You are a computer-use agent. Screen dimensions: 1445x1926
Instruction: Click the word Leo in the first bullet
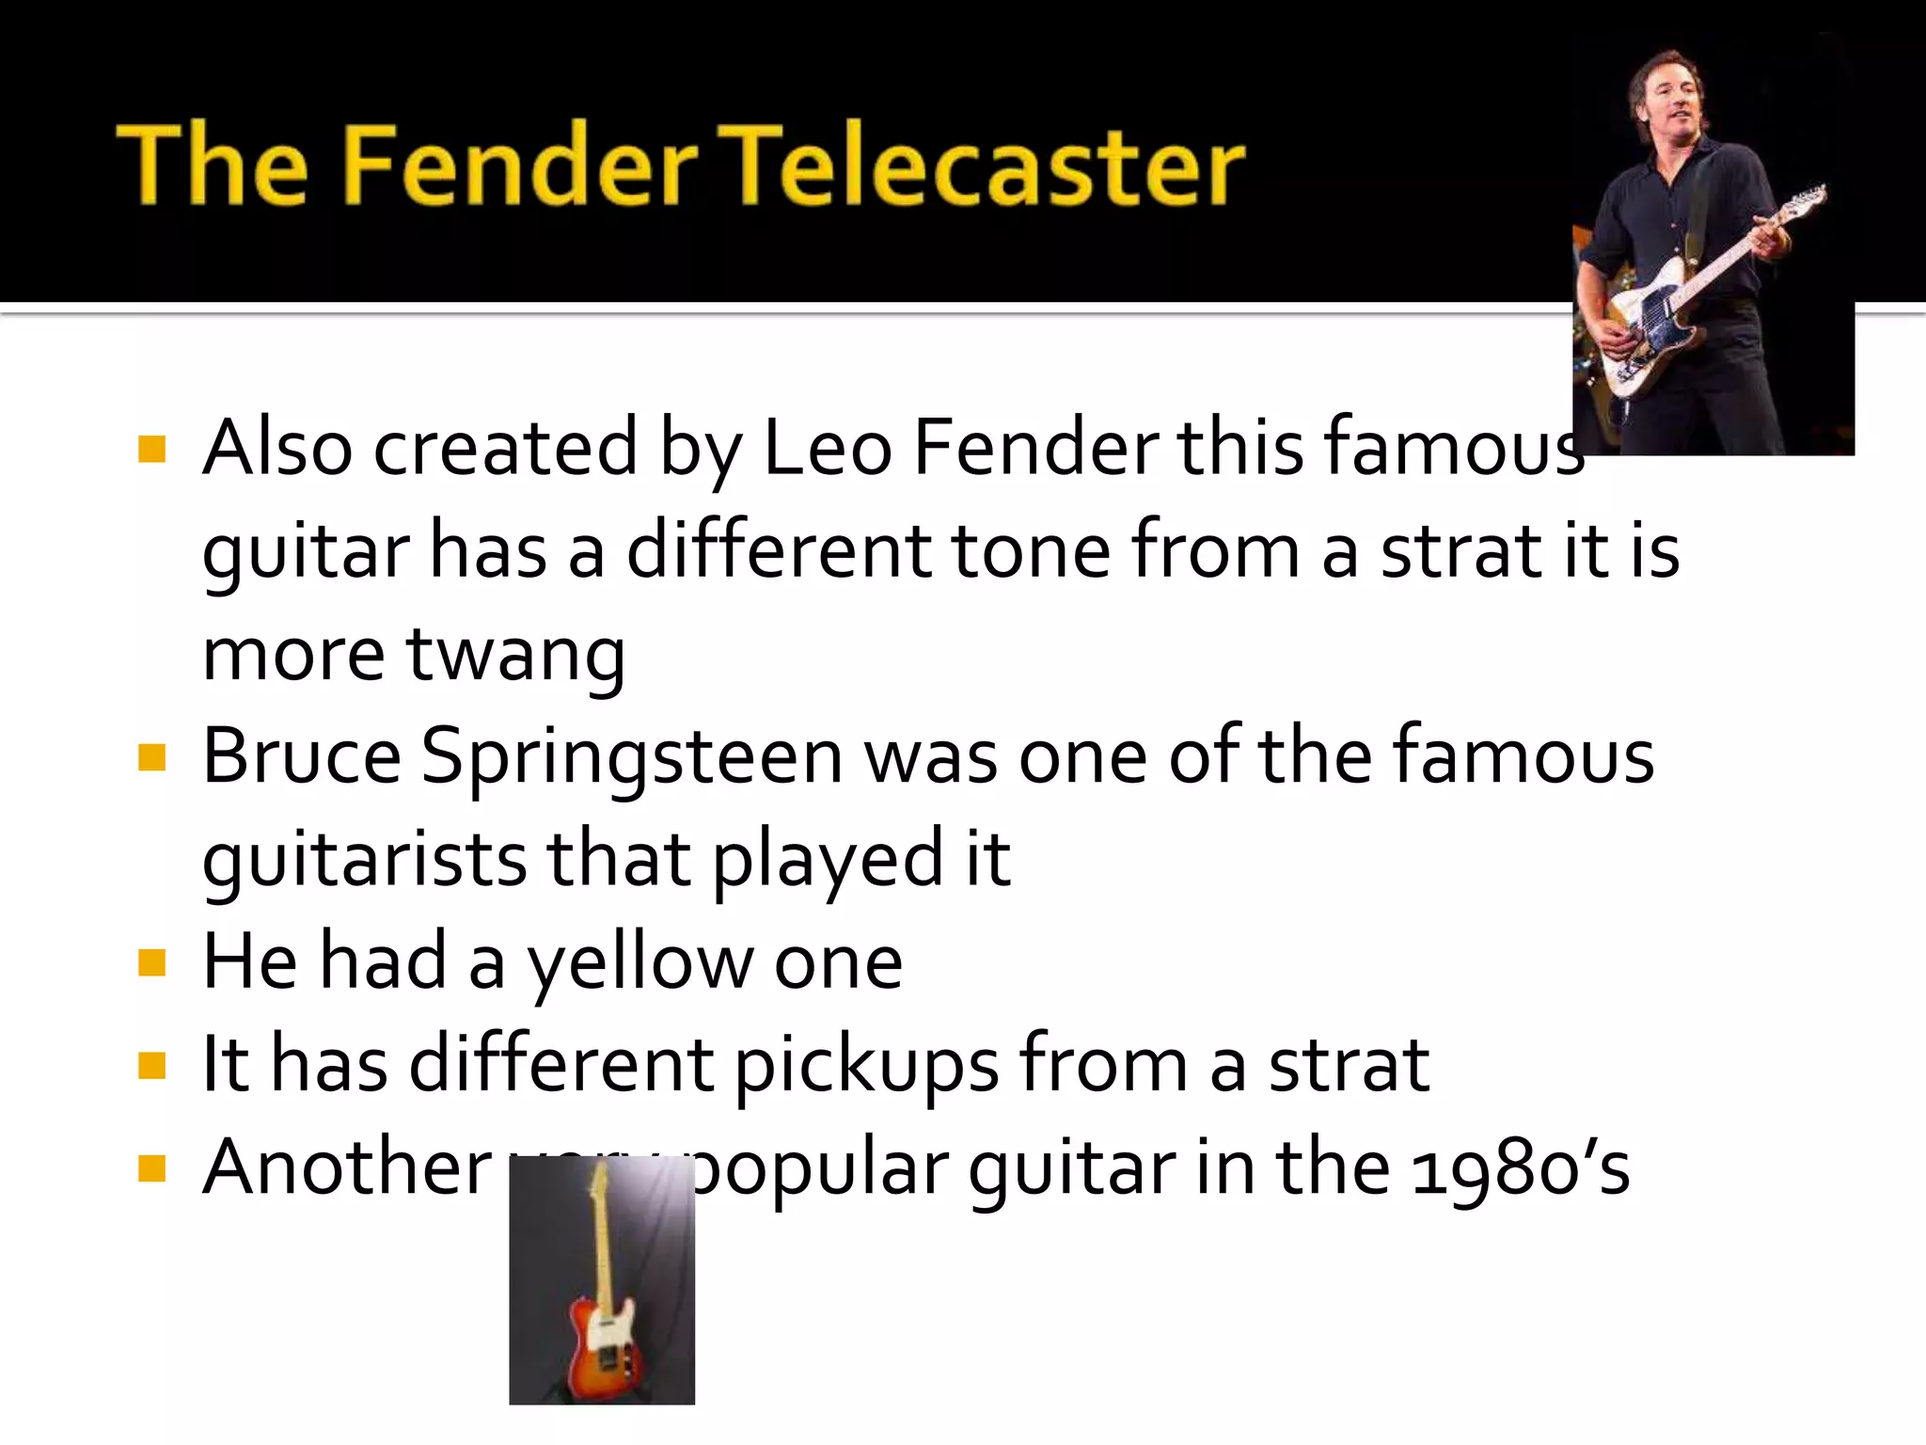click(827, 448)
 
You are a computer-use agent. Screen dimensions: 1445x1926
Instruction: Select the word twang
click(515, 655)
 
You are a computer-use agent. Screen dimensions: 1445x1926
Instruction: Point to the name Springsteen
click(631, 758)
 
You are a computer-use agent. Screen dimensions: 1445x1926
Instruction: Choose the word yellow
click(639, 963)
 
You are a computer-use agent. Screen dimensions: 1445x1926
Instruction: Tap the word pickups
click(866, 1067)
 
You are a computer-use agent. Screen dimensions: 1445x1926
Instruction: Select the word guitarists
click(365, 861)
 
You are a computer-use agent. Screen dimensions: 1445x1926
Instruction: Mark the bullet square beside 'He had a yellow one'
click(151, 963)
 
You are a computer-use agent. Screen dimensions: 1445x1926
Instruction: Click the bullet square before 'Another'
click(151, 1169)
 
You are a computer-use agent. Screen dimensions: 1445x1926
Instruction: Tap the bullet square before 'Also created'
click(151, 450)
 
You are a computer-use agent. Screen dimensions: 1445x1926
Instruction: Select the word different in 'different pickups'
click(561, 1065)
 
